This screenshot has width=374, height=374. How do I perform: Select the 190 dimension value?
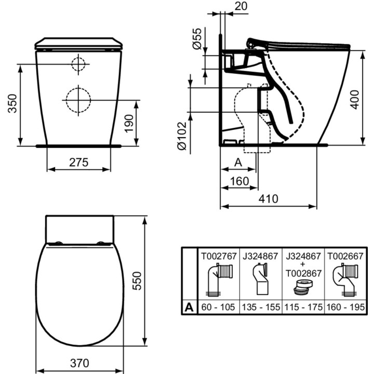(129, 123)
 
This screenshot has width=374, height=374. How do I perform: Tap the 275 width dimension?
(79, 162)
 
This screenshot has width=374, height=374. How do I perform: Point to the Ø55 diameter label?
(197, 39)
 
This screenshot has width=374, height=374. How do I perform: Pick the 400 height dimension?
(355, 97)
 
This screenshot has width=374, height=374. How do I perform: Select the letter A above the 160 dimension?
(237, 162)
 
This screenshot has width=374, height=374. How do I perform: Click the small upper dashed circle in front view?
(78, 64)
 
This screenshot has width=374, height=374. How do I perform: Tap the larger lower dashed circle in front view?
(78, 99)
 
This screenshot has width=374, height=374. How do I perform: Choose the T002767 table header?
(219, 257)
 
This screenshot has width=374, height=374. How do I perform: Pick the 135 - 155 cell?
(261, 307)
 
